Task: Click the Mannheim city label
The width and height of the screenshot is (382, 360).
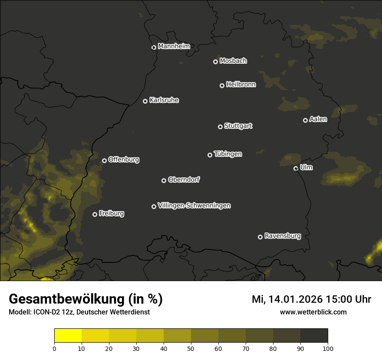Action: coord(174,46)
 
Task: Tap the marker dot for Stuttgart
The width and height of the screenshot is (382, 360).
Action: coord(220,127)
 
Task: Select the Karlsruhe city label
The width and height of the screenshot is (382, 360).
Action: coord(164,100)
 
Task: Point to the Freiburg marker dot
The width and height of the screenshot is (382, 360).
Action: coord(95,214)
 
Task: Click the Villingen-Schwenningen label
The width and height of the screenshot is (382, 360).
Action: coord(194,206)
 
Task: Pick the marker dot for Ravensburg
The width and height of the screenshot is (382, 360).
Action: coord(260,237)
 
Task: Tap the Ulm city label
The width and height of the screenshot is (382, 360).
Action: coord(306,167)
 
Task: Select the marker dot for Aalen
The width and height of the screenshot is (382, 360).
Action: coord(305,120)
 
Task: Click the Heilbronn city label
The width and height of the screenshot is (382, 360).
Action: coord(241,85)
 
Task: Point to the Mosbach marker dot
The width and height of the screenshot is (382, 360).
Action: coord(215,62)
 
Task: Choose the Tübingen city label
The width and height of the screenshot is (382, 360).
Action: coord(228,154)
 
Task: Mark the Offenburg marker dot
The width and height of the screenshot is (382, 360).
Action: coord(104,160)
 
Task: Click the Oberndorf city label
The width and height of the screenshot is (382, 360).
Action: coord(184,180)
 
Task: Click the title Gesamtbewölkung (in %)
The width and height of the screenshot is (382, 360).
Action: coord(86,299)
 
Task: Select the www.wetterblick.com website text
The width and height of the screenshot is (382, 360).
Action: coord(313,312)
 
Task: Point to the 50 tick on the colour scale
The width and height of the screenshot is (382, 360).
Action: coord(191,348)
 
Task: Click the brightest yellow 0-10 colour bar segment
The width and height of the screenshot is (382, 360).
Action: coord(68,336)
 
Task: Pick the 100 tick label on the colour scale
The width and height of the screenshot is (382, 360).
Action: coord(328,348)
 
